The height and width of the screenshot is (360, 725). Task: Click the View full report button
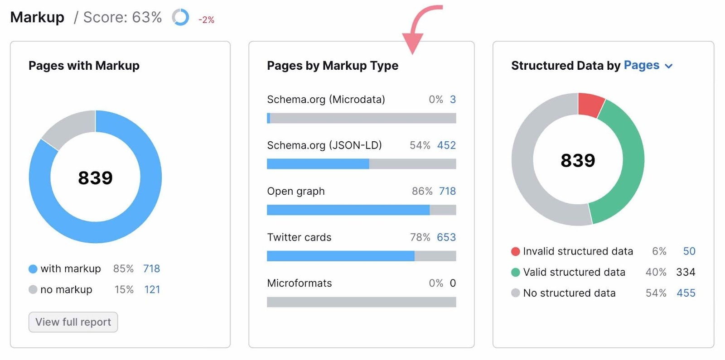click(x=73, y=322)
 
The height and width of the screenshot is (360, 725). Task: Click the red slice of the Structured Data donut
click(x=590, y=104)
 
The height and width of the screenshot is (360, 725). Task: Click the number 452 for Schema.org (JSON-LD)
click(x=446, y=145)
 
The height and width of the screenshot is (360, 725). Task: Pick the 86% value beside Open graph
click(x=422, y=191)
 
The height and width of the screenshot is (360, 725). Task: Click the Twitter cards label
click(x=299, y=237)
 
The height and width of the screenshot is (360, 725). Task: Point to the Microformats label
click(x=299, y=283)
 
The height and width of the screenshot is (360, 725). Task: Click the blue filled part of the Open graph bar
click(x=348, y=210)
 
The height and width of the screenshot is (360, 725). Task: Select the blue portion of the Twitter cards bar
click(x=340, y=256)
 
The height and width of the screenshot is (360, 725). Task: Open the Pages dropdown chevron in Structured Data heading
click(x=668, y=66)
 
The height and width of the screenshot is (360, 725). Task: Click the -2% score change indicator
click(x=206, y=20)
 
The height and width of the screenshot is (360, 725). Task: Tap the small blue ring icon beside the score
click(x=180, y=18)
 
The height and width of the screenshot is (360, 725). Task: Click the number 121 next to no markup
click(x=152, y=289)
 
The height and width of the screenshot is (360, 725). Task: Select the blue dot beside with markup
click(x=33, y=269)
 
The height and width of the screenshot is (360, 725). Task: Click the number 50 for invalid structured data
click(x=689, y=251)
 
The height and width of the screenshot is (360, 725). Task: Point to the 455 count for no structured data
click(x=686, y=293)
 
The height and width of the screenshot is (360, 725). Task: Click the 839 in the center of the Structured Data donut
click(x=578, y=160)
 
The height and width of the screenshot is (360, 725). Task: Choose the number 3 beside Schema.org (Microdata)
click(x=453, y=100)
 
